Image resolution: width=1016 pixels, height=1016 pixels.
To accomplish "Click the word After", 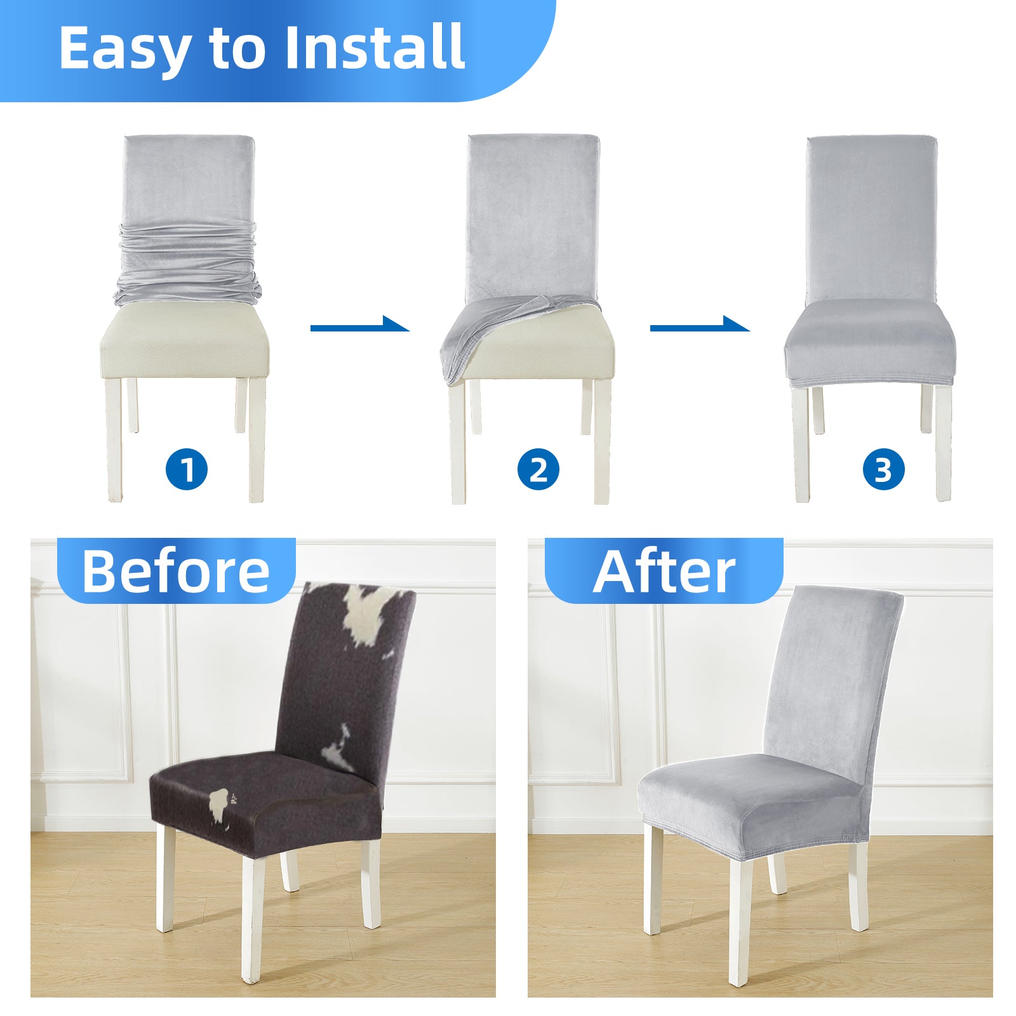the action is click(x=664, y=571).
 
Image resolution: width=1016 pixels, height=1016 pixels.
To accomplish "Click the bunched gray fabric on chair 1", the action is click(x=188, y=264).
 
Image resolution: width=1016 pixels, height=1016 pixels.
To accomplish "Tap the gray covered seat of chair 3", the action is click(x=869, y=343).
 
